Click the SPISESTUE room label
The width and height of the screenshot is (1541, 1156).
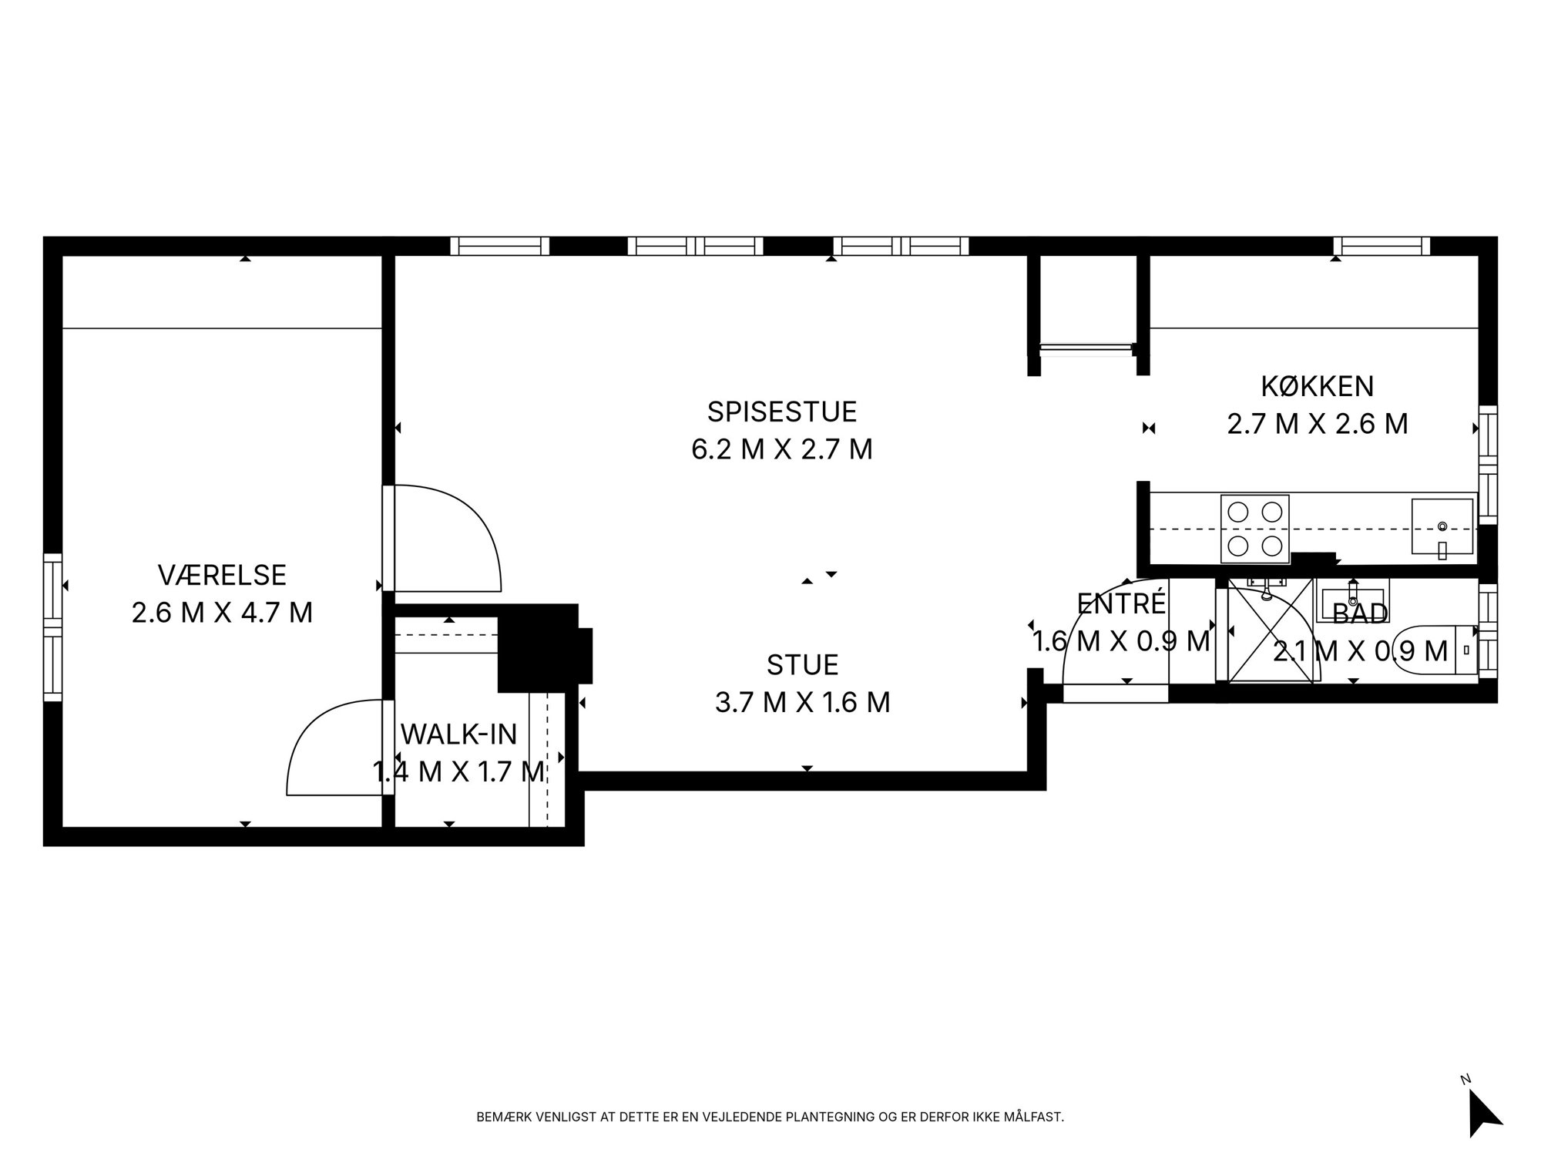point(782,412)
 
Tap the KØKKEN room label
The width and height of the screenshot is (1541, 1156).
point(1318,385)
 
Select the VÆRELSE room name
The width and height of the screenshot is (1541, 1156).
point(222,575)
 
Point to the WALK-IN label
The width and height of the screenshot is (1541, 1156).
point(458,734)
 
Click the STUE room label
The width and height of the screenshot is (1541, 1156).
point(803,664)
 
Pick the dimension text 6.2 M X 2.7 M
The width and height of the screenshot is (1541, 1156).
point(782,449)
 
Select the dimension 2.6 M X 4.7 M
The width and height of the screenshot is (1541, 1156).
point(222,613)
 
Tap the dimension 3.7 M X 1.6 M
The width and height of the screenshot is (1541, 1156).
point(803,702)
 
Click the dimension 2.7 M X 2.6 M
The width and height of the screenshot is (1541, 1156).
point(1318,424)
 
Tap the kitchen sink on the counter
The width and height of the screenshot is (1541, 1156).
point(1442,527)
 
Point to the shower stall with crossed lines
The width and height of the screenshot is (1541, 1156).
point(1270,630)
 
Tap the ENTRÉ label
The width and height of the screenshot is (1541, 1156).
point(1122,603)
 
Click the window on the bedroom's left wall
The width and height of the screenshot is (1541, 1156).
point(52,627)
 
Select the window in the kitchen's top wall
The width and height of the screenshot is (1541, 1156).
point(1382,246)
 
